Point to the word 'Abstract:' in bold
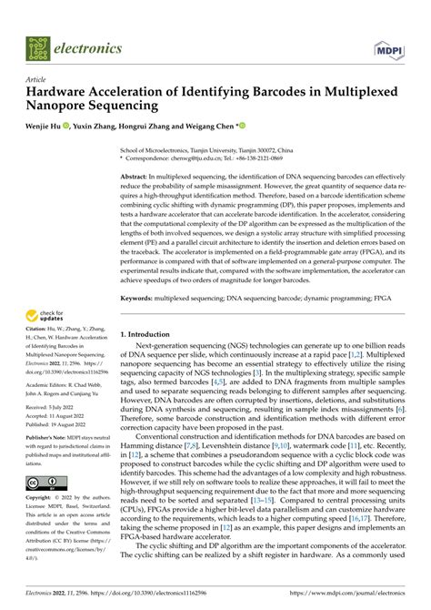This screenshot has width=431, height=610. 139,172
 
